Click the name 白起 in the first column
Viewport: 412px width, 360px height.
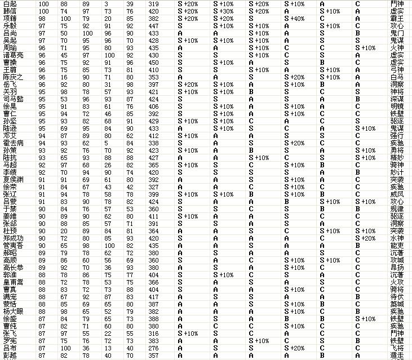pyautogui.click(x=10, y=4)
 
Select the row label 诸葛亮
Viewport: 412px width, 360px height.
pyautogui.click(x=14, y=55)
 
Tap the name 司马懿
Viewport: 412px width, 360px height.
pyautogui.click(x=14, y=99)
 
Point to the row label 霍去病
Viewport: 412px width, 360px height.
pyautogui.click(x=14, y=143)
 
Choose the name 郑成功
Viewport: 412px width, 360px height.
pyautogui.click(x=14, y=238)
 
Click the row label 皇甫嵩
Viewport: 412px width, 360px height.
pyautogui.click(x=14, y=282)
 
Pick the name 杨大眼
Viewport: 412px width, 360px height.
pyautogui.click(x=14, y=311)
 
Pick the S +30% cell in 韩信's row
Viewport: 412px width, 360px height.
pyautogui.click(x=224, y=11)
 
